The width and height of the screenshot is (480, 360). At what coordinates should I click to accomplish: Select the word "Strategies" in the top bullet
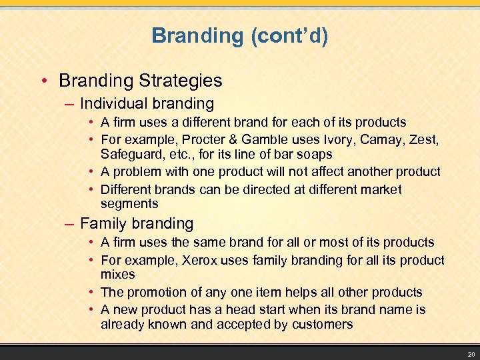click(x=181, y=81)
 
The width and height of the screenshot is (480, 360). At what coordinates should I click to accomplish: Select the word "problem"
click(x=135, y=172)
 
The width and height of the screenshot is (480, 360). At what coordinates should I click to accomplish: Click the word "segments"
click(x=129, y=204)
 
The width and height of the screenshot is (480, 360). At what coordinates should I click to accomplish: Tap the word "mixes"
click(x=117, y=275)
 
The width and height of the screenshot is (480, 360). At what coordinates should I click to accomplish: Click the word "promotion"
click(x=153, y=292)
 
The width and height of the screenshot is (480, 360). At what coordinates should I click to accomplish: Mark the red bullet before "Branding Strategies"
click(x=44, y=81)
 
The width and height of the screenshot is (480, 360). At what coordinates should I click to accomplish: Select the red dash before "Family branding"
click(x=69, y=224)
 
